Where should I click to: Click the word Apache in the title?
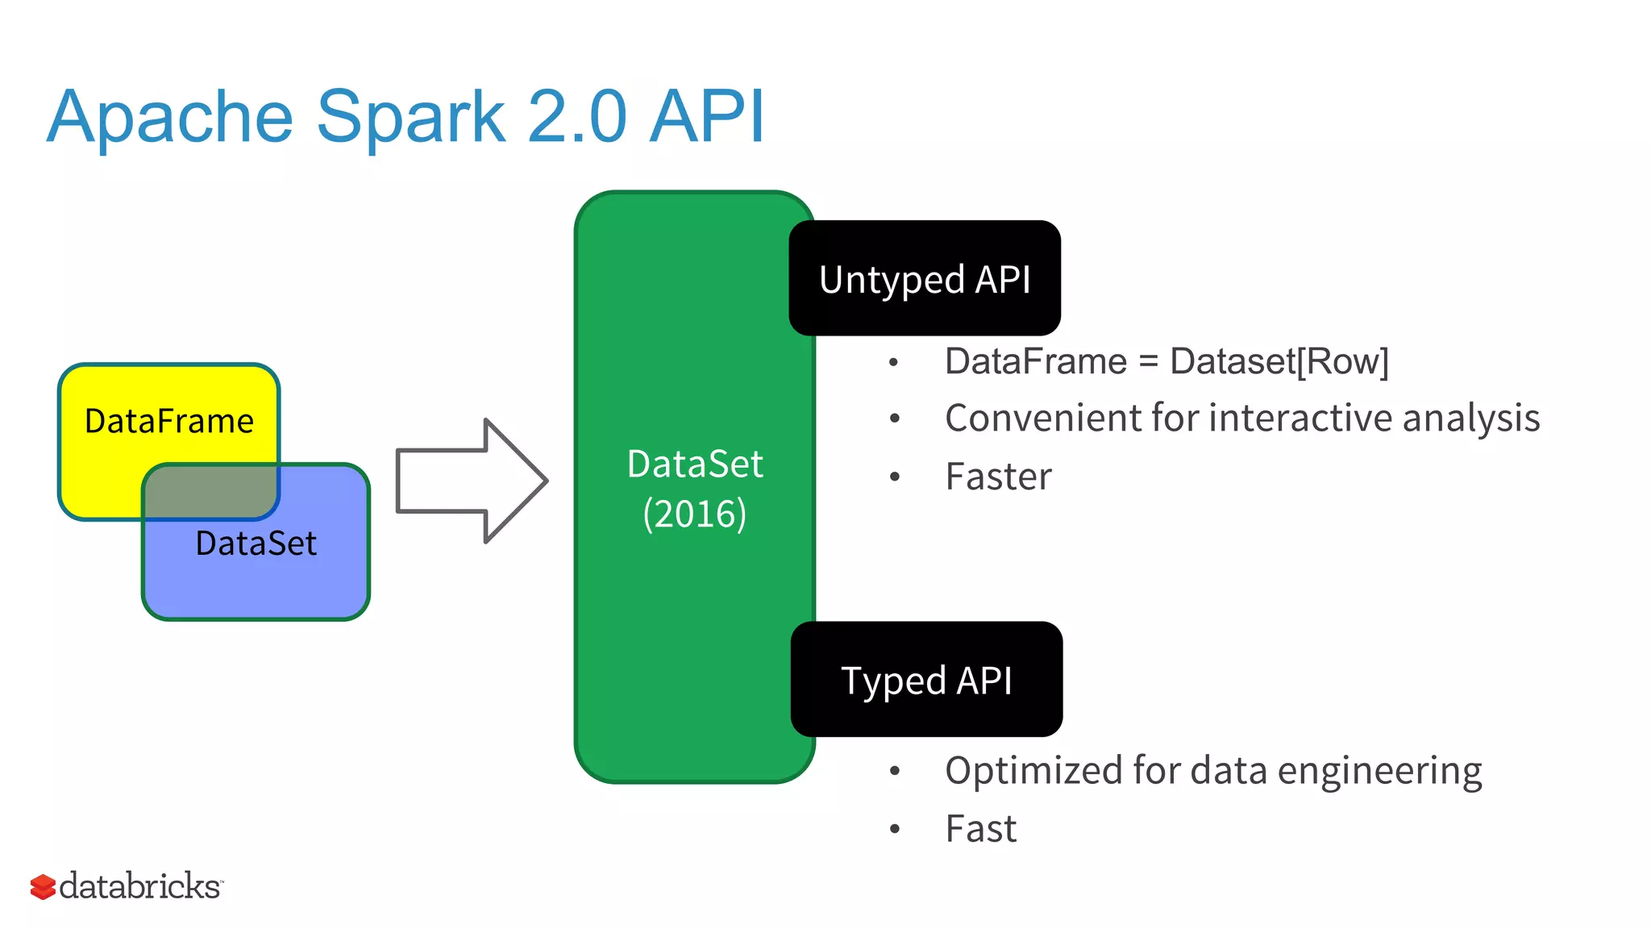pos(169,118)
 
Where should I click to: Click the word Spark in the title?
pos(411,118)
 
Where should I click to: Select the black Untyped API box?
pos(924,278)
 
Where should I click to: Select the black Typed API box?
pos(925,679)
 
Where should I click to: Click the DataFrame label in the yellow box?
pos(168,421)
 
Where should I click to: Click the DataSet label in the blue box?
pos(256,544)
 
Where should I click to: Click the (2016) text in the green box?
pos(694,514)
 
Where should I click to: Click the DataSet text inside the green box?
pos(694,464)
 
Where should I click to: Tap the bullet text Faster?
pos(998,477)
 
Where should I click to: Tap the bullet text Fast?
pos(980,829)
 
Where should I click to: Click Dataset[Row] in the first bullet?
pos(1279,361)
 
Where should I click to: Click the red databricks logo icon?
pos(43,886)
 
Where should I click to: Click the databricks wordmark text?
pos(140,885)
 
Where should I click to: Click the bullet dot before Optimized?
pos(894,771)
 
